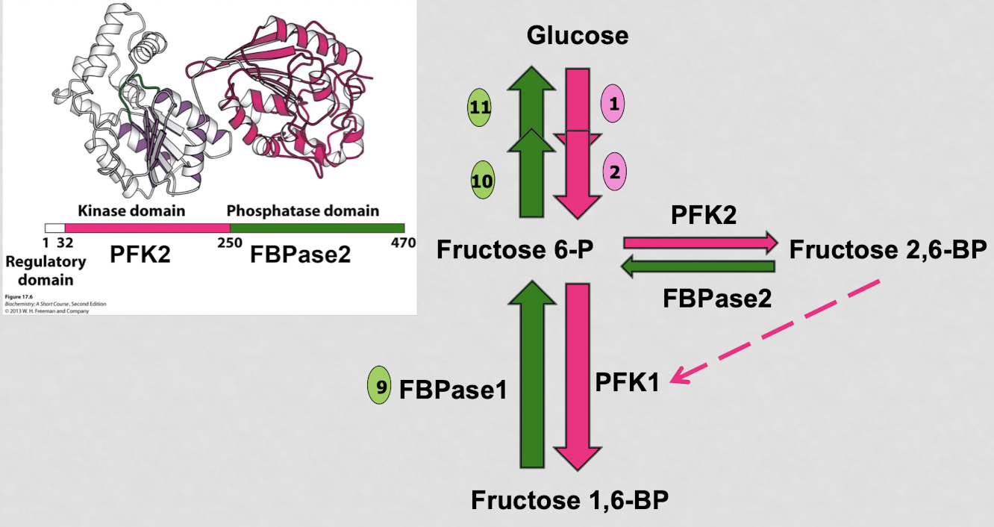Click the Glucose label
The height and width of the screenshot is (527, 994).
pos(577,34)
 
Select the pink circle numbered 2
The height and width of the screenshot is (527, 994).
pos(614,172)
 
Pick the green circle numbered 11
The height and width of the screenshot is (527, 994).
pos(481,107)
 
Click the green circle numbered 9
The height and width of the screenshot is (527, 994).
pos(380,387)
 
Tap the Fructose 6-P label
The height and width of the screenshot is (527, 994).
pos(515,250)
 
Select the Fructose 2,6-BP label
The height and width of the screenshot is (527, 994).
pos(887,249)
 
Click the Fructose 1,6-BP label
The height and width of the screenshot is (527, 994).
pos(569,499)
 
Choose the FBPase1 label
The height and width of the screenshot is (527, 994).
pos(453,388)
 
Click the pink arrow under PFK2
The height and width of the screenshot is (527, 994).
pos(699,242)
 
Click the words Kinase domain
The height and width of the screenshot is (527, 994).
pos(131,211)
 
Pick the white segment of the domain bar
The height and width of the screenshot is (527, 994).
pos(54,227)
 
